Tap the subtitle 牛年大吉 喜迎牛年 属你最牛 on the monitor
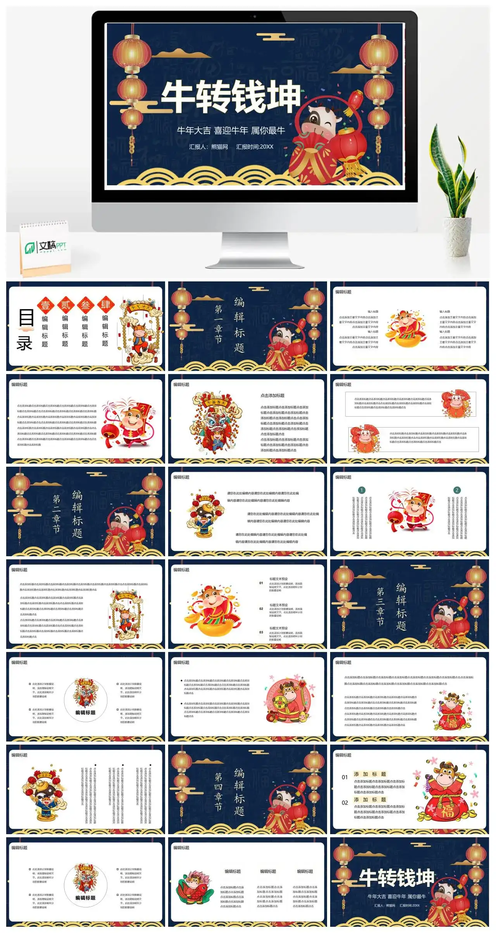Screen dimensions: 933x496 point(231,131)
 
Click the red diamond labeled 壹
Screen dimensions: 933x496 point(45,305)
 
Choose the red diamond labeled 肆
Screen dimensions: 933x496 point(105,305)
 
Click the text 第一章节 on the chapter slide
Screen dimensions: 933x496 point(219,324)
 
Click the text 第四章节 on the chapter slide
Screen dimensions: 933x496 point(219,792)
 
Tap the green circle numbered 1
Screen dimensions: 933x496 point(362,490)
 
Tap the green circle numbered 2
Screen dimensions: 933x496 point(457,490)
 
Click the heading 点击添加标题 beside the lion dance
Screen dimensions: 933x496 point(272,395)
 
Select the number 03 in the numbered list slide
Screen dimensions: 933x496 point(261,632)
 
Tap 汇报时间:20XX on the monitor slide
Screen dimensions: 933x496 point(255,147)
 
